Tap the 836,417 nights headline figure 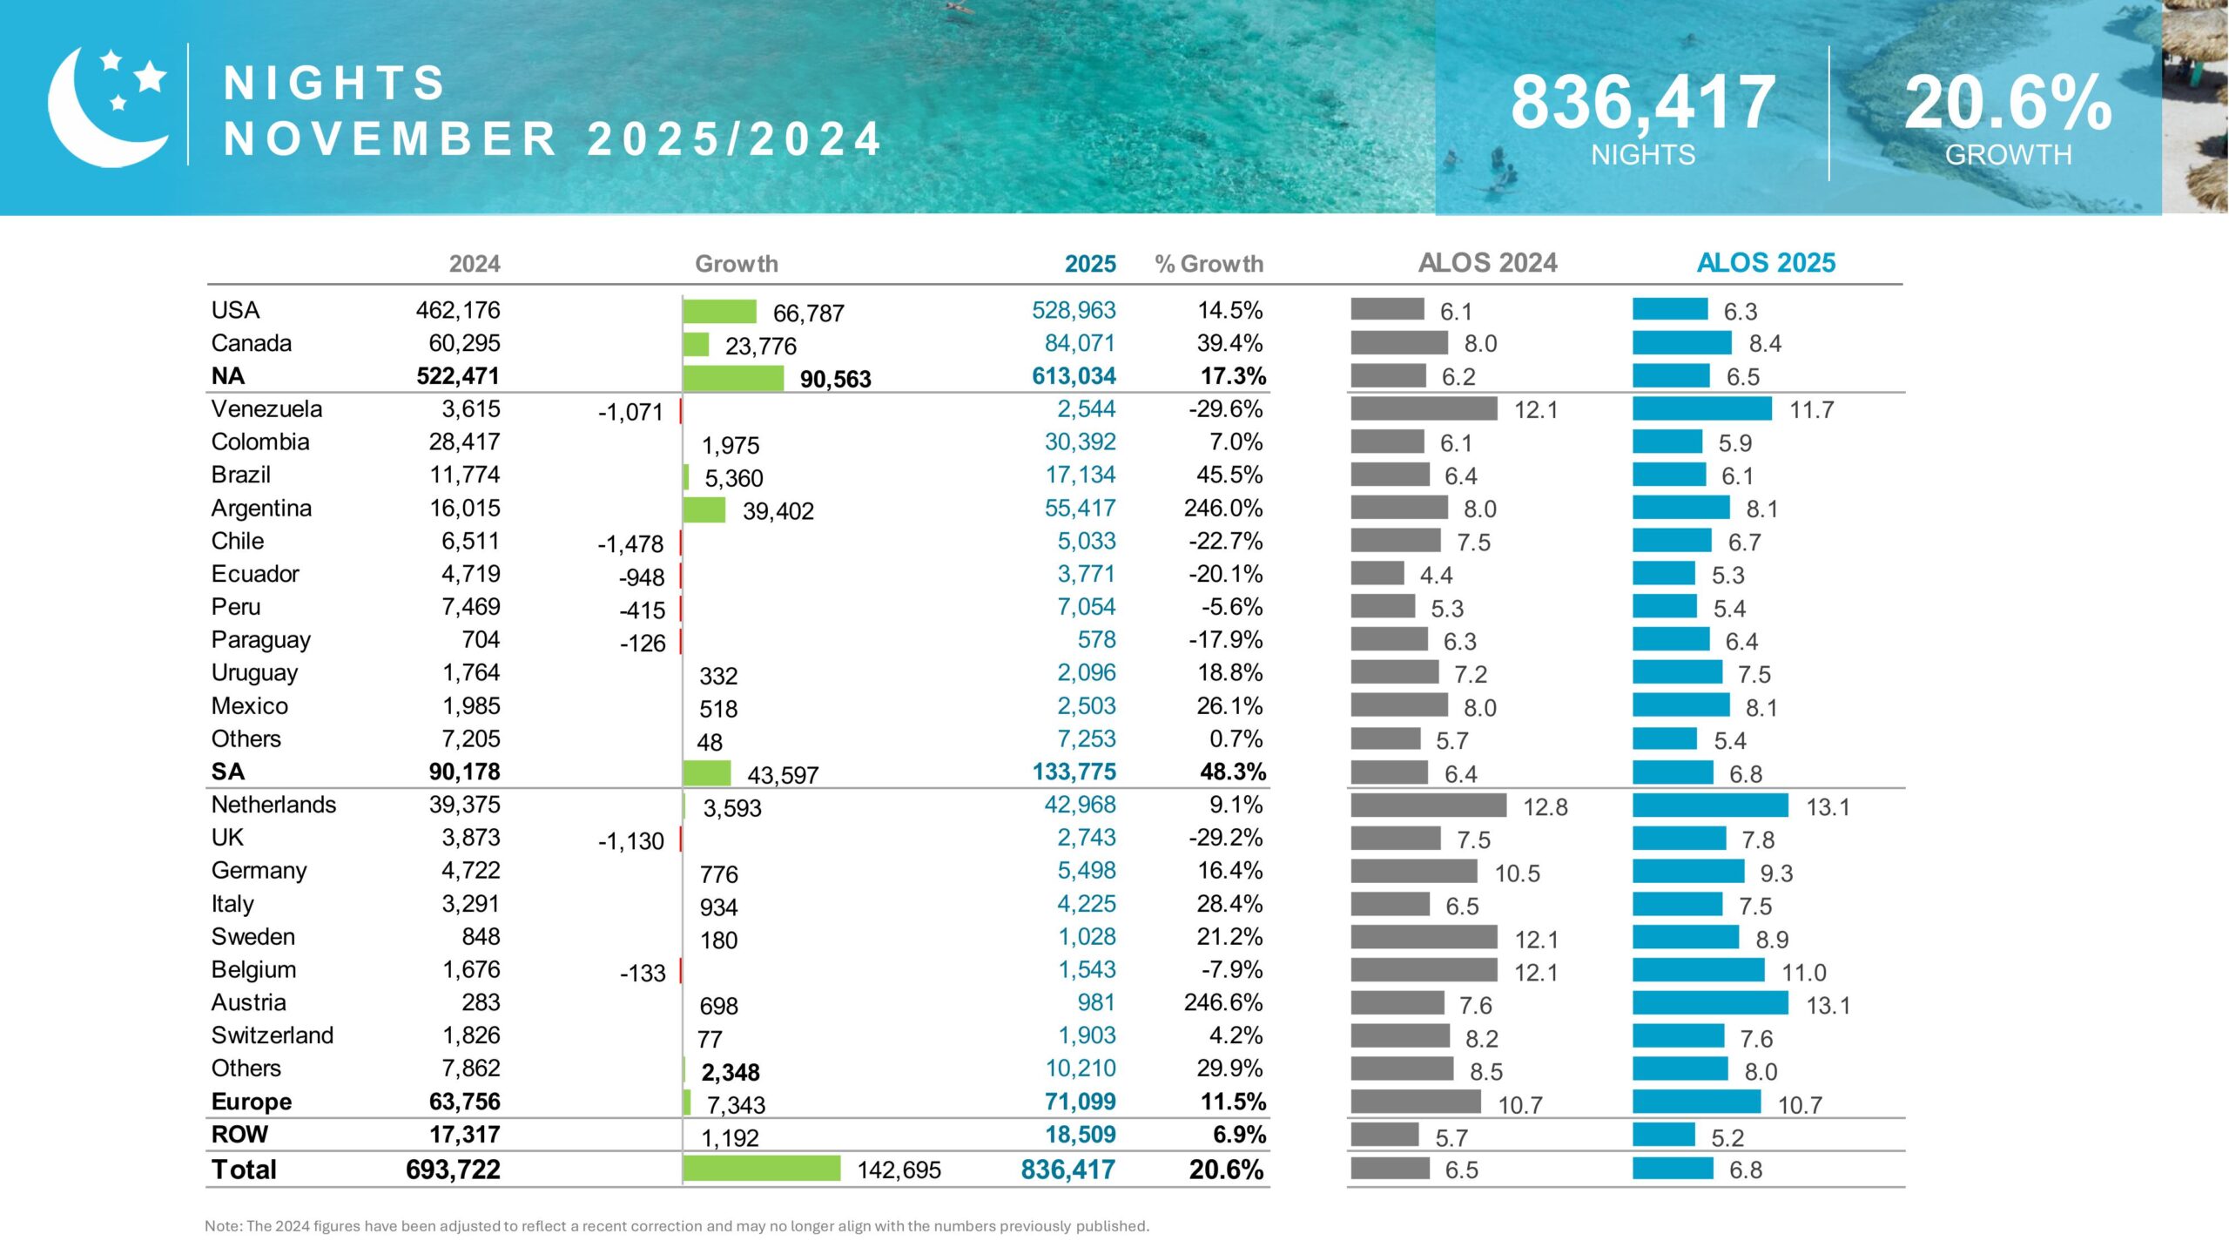click(x=1642, y=103)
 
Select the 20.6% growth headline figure click(x=2008, y=103)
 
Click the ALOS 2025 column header click(x=1766, y=263)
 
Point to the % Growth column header click(x=1209, y=264)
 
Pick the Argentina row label click(x=261, y=509)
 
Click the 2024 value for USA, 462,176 click(x=458, y=310)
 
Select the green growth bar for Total click(x=762, y=1169)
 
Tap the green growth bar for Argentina click(x=704, y=509)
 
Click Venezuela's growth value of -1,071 click(x=630, y=412)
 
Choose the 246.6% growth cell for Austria click(x=1222, y=1002)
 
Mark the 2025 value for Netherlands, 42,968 click(x=1080, y=805)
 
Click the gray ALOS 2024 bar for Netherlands click(x=1428, y=806)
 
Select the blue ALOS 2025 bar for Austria click(x=1710, y=1003)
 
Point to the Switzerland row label click(x=273, y=1035)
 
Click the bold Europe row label click(x=252, y=1102)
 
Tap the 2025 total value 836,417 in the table click(x=1067, y=1170)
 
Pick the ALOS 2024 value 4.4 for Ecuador click(x=1436, y=576)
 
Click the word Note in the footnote click(x=222, y=1226)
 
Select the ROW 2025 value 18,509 click(x=1080, y=1135)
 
